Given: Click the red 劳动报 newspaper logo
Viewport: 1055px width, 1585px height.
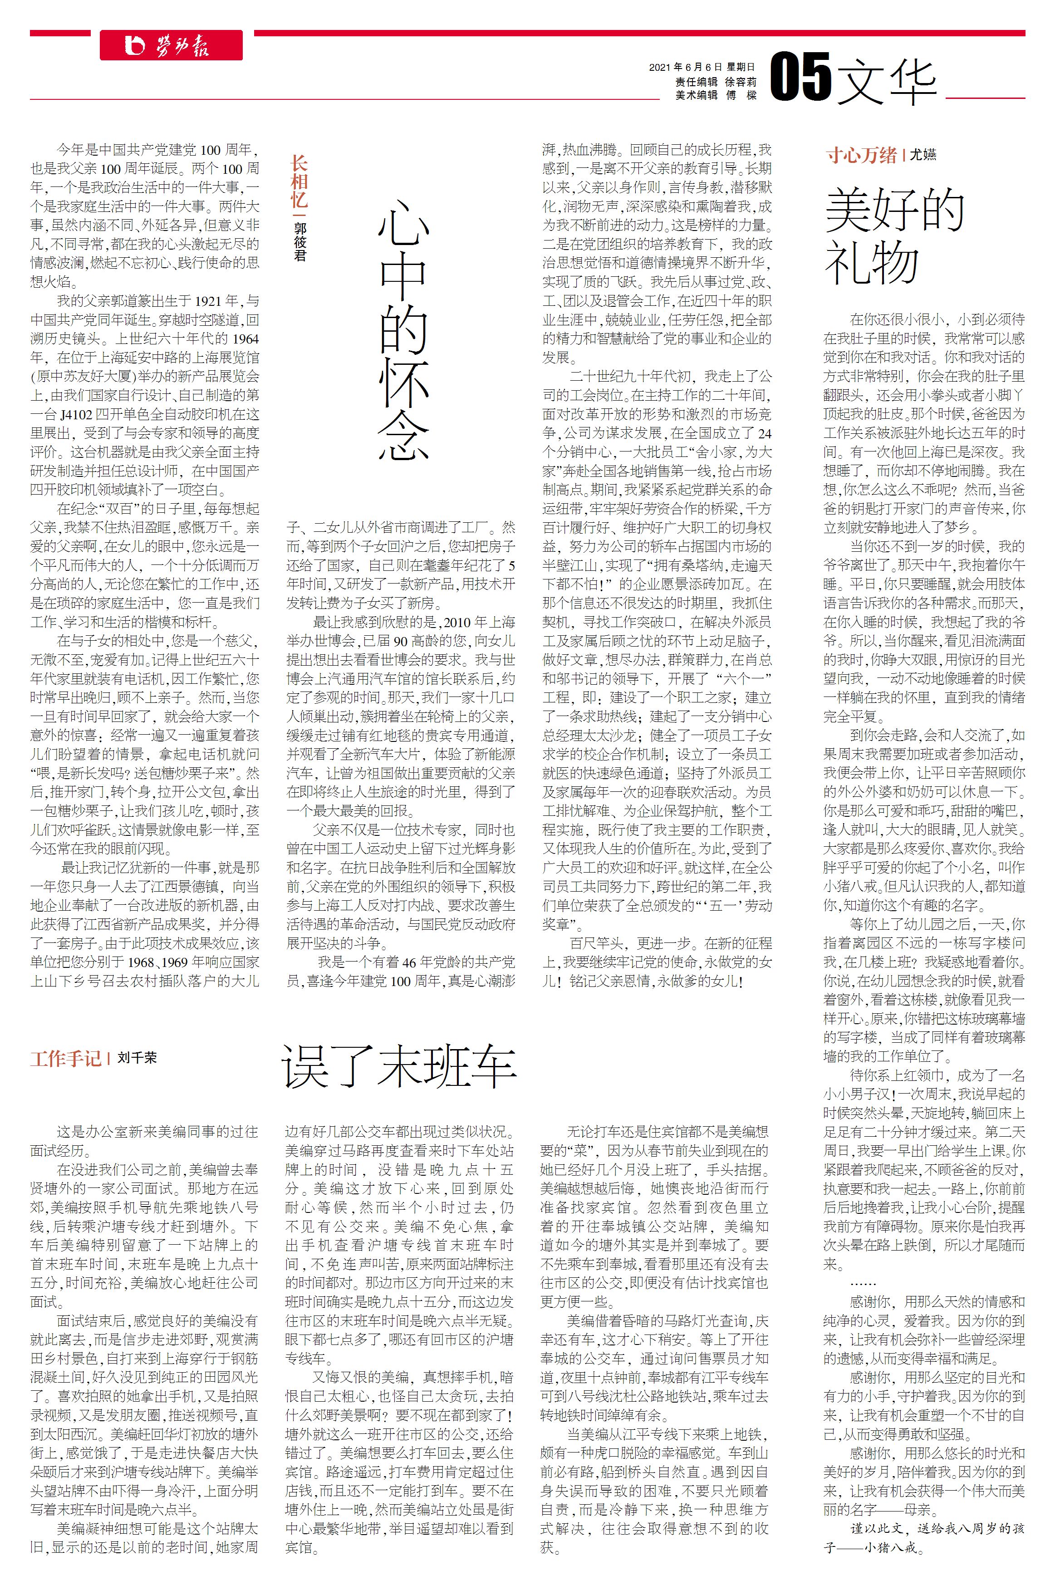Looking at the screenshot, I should click(x=171, y=45).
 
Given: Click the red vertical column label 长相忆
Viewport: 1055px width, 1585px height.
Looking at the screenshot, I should click(x=298, y=182).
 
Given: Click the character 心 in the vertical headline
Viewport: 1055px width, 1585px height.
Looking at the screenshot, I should click(x=403, y=221).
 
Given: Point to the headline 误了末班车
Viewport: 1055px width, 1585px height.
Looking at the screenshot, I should click(x=399, y=1066).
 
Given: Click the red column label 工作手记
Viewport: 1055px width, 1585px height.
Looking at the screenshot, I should click(x=65, y=1058).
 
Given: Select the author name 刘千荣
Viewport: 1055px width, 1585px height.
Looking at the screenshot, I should click(x=137, y=1058).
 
